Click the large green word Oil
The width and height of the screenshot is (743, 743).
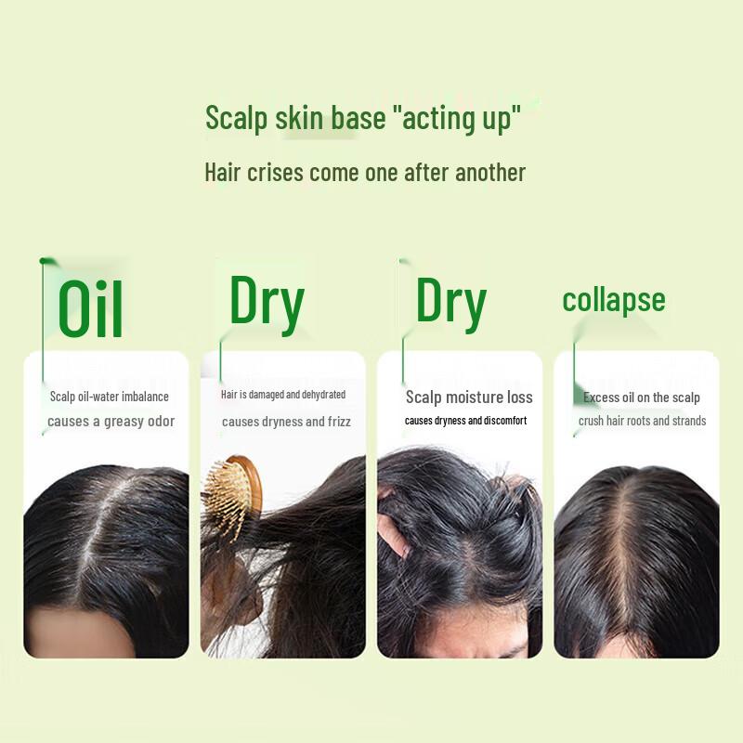90,308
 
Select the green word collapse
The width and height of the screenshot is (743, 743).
614,300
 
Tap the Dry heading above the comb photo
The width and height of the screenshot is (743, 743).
267,303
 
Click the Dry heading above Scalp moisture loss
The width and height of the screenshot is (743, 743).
450,303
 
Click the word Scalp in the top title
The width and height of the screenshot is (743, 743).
236,119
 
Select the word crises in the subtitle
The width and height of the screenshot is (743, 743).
276,173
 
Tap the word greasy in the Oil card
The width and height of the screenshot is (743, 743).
124,421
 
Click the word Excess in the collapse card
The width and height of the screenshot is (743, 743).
601,398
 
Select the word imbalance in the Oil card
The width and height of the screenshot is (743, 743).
145,397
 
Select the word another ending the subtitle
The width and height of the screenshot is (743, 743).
490,173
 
